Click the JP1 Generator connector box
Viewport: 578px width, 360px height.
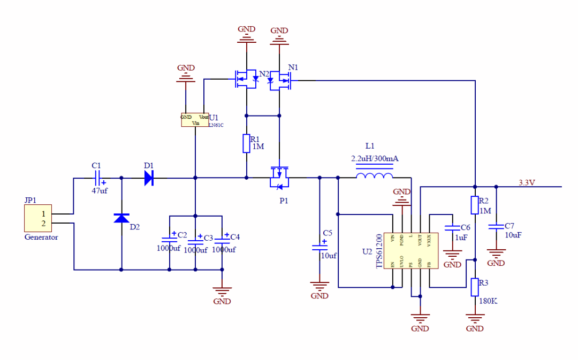37,218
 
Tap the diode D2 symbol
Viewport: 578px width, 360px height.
121,218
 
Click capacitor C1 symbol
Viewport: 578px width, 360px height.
97,177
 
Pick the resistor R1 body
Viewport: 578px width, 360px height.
246,143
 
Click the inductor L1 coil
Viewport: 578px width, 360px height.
374,176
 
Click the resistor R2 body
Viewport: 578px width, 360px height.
475,205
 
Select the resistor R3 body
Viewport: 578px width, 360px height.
475,287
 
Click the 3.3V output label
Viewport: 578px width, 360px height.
527,182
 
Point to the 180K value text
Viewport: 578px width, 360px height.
487,301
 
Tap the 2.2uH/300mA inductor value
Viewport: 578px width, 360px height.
375,158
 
